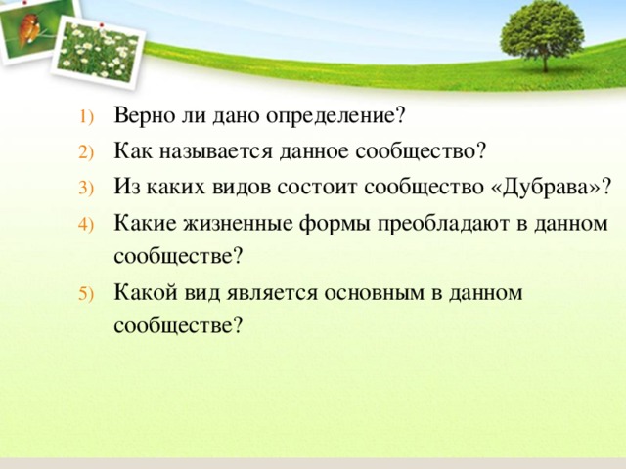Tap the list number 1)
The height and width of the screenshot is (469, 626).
point(86,117)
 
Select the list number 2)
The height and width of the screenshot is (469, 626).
point(86,152)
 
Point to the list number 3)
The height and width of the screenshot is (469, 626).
point(86,188)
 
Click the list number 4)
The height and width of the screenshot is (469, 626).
point(86,224)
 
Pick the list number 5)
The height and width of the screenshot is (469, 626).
point(86,294)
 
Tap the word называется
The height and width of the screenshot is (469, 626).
point(215,151)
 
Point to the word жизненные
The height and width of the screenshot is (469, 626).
point(239,223)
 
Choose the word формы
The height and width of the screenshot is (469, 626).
point(335,224)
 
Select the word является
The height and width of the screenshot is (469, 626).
point(272,293)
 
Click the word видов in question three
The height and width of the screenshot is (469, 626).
point(242,187)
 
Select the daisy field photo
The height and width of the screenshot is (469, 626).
point(98,51)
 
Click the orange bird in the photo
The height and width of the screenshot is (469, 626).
point(29,28)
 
